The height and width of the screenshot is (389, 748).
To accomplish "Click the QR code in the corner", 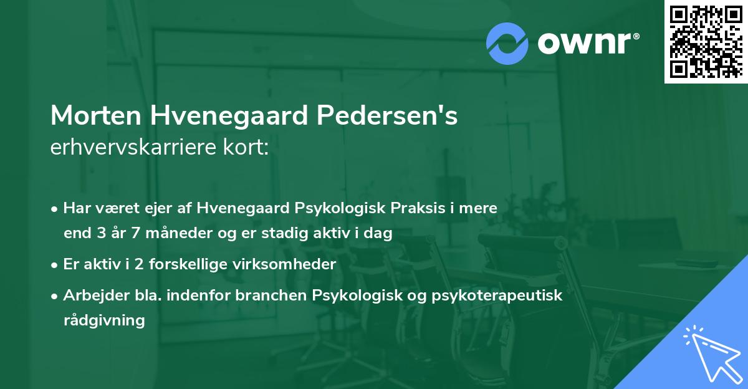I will [706, 41].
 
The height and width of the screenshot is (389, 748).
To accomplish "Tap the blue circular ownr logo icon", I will [507, 44].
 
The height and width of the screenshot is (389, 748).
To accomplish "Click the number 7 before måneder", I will [135, 234].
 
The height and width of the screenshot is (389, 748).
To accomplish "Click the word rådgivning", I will [104, 320].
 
